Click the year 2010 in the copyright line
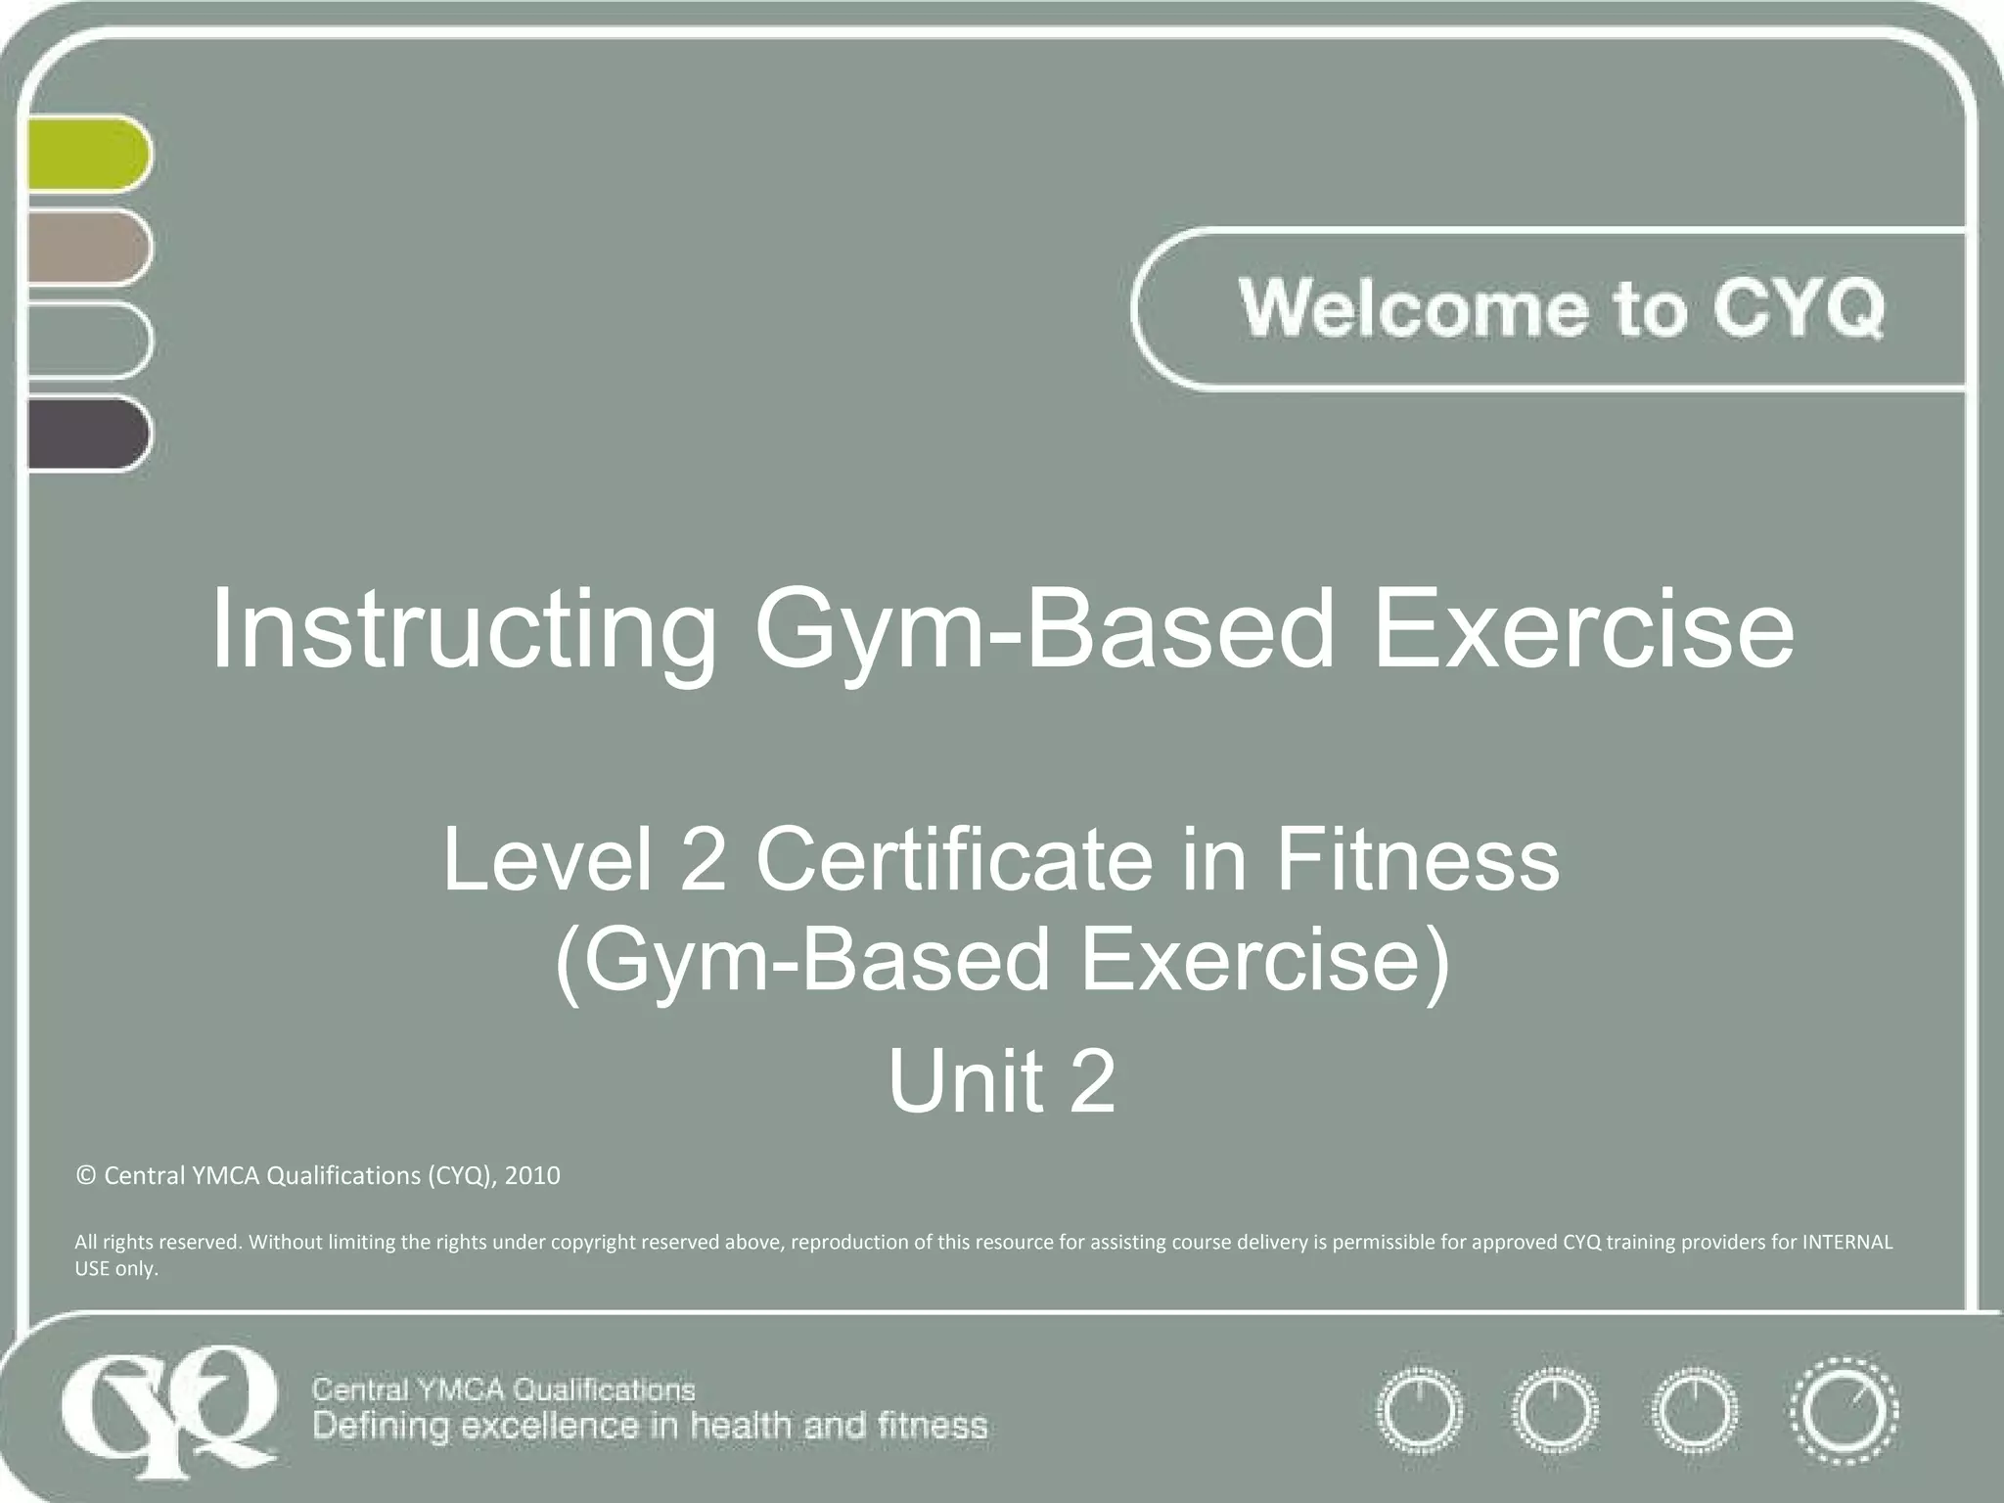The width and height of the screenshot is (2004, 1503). pyautogui.click(x=532, y=1176)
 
